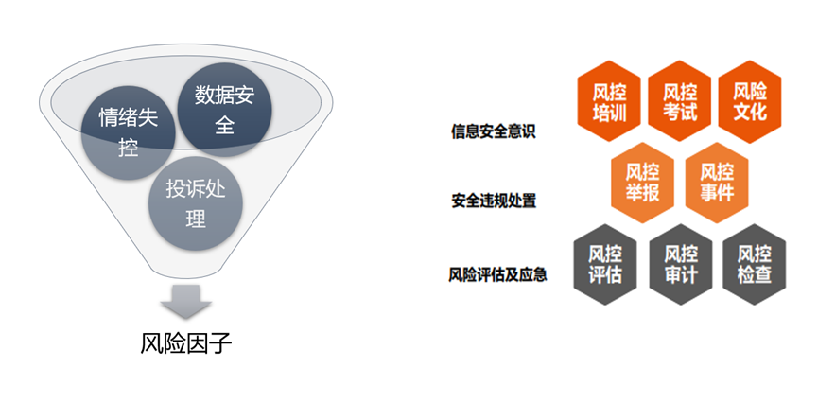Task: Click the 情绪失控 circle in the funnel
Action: [x=128, y=132]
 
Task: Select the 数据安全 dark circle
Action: [x=224, y=110]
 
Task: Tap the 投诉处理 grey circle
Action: [x=196, y=203]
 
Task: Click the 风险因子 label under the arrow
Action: [x=185, y=343]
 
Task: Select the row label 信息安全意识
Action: [x=493, y=131]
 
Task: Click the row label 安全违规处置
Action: [x=494, y=201]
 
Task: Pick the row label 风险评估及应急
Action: [x=497, y=274]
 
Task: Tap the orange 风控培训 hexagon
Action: [x=609, y=101]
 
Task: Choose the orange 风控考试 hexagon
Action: [x=680, y=101]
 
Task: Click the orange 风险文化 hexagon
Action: [x=750, y=101]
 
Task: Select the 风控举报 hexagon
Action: [x=642, y=183]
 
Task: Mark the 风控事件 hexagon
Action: [x=717, y=183]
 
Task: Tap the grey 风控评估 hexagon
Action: [x=605, y=265]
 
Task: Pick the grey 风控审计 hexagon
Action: [x=681, y=265]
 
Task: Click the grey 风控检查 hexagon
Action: [x=755, y=265]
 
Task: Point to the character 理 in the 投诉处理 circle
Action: [x=196, y=219]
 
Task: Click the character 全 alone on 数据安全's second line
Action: [x=224, y=125]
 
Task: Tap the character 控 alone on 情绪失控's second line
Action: [x=128, y=148]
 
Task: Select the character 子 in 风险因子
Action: [x=220, y=343]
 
